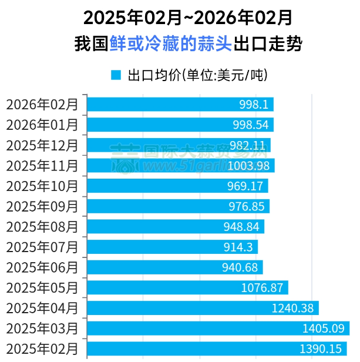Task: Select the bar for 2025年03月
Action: (218, 328)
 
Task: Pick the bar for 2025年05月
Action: (187, 287)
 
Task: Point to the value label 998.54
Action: (254, 125)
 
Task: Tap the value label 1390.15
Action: (320, 349)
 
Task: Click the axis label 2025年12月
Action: (42, 145)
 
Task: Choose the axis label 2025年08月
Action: (42, 226)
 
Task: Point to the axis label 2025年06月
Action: (42, 267)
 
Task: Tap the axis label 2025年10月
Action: (42, 186)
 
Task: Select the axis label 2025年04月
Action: (42, 308)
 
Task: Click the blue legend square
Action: (116, 75)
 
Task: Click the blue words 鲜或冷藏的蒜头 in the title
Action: (171, 44)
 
